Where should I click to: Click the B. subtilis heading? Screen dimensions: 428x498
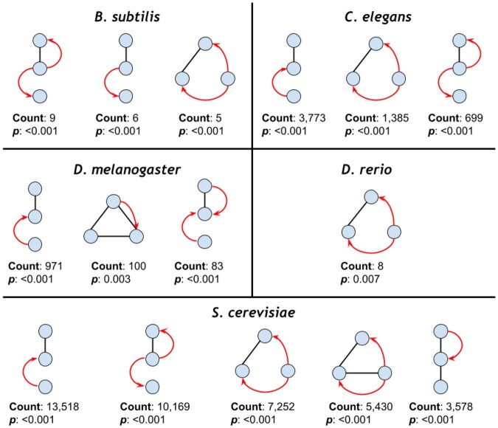pyautogui.click(x=125, y=14)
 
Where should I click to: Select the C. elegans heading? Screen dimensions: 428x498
pyautogui.click(x=373, y=14)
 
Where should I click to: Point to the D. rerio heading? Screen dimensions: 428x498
pyautogui.click(x=373, y=170)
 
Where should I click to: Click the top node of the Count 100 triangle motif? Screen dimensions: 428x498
pyautogui.click(x=114, y=201)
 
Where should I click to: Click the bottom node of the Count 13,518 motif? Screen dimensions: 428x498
pyautogui.click(x=44, y=387)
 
